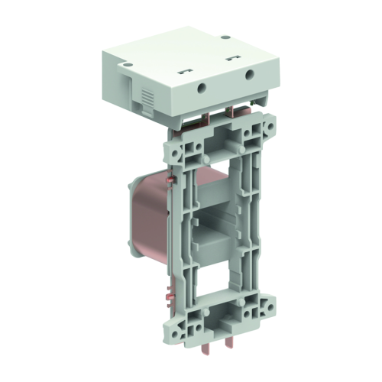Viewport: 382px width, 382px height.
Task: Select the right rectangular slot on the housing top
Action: [231, 57]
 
